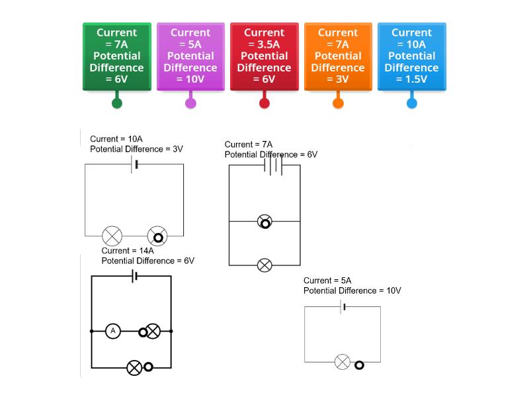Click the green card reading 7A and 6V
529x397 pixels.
[x=117, y=56]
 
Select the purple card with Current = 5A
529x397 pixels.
[x=190, y=56]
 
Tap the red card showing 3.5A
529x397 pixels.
[x=264, y=56]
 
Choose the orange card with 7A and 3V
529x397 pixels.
[x=338, y=56]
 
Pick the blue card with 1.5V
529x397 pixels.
[x=411, y=56]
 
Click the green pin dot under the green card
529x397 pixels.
[x=117, y=103]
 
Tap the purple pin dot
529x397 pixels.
[x=190, y=103]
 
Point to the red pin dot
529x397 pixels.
[x=264, y=103]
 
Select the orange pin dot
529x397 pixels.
[x=338, y=103]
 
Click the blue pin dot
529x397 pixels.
[x=411, y=103]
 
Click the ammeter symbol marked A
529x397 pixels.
[x=113, y=330]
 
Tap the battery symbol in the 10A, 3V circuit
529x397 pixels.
[x=135, y=164]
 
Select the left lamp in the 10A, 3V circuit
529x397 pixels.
[x=112, y=236]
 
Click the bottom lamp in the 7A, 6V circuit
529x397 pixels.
[x=264, y=265]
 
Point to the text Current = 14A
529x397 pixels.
[x=128, y=251]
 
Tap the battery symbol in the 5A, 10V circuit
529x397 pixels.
[x=343, y=306]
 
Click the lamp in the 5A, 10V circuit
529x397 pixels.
[x=342, y=362]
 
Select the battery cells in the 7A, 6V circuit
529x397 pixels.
[x=274, y=165]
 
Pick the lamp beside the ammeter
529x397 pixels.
[x=153, y=331]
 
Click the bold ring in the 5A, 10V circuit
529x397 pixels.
[x=359, y=365]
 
